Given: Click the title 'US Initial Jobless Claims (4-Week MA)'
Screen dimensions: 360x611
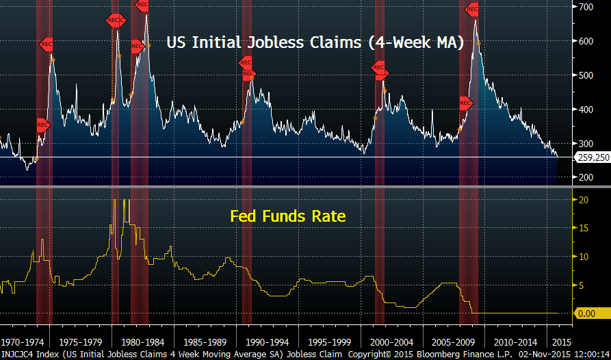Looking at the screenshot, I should pyautogui.click(x=315, y=42).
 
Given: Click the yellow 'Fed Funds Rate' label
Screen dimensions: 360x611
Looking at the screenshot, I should pyautogui.click(x=287, y=217).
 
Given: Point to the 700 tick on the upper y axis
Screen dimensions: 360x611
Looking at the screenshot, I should pyautogui.click(x=583, y=7).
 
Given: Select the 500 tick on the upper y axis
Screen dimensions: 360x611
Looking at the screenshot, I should pyautogui.click(x=583, y=75).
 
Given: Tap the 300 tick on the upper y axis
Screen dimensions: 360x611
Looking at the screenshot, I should pyautogui.click(x=583, y=144).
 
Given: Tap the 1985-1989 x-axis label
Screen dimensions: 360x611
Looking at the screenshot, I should pyautogui.click(x=205, y=341).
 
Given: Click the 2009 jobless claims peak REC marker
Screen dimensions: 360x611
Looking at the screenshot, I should pyautogui.click(x=471, y=10).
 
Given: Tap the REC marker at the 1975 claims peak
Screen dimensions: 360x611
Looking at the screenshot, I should pyautogui.click(x=46, y=44).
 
